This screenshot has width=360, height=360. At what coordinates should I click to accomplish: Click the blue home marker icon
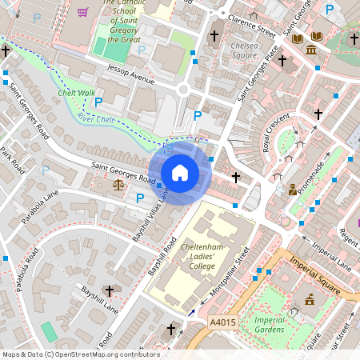point(180,173)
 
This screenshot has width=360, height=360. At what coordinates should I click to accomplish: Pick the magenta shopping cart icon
point(83,12)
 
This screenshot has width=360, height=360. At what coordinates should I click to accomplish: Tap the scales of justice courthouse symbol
point(119,184)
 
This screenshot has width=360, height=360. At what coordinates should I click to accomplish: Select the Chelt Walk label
point(77,93)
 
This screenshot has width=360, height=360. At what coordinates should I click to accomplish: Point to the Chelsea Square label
point(245,51)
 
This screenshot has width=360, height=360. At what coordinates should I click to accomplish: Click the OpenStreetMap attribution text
point(81,354)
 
